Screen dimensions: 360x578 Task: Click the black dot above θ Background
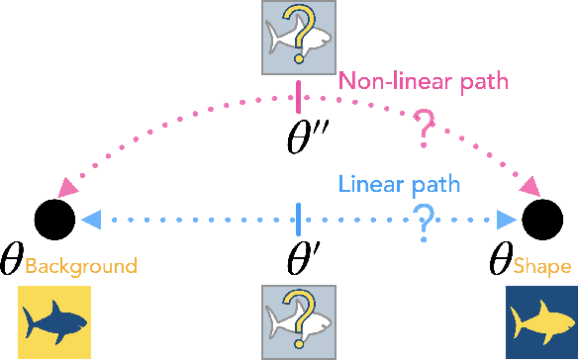[51, 217]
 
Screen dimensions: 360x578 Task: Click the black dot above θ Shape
[543, 217]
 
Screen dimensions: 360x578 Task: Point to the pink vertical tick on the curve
[299, 97]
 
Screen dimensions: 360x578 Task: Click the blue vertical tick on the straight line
[299, 217]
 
